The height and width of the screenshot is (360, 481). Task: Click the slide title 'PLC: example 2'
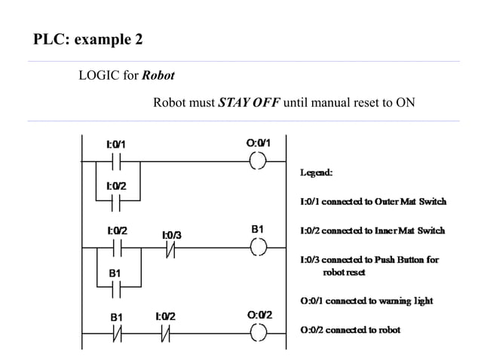[x=87, y=38]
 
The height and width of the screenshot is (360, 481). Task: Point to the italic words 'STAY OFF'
[x=249, y=102]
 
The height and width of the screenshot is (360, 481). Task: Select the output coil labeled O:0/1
[x=258, y=160]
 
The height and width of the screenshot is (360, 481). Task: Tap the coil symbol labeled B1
[x=258, y=246]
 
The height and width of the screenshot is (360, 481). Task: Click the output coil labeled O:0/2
[x=258, y=332]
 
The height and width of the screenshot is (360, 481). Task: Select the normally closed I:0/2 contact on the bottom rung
[x=164, y=332]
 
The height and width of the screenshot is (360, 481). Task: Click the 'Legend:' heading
[x=317, y=173]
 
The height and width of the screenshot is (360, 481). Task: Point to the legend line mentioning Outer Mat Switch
[x=373, y=201]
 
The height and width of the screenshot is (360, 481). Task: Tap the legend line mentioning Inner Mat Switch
[x=372, y=230]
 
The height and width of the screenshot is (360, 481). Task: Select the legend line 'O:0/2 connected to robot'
[x=350, y=329]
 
